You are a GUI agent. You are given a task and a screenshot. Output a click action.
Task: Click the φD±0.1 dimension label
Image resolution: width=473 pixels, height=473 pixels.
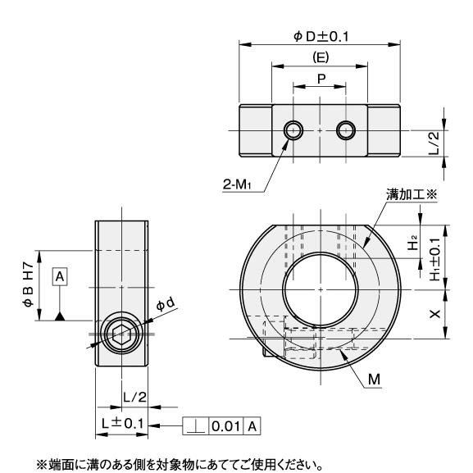pyautogui.click(x=321, y=37)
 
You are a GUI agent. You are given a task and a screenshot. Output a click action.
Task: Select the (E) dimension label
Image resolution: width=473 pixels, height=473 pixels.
pyautogui.click(x=321, y=57)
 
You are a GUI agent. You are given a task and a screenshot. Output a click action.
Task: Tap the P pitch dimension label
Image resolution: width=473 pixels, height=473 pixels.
pyautogui.click(x=321, y=79)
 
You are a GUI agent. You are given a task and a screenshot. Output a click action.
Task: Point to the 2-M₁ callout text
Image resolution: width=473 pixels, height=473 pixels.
pyautogui.click(x=237, y=184)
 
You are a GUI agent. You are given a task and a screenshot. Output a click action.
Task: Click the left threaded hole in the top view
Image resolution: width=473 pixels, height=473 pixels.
pyautogui.click(x=293, y=130)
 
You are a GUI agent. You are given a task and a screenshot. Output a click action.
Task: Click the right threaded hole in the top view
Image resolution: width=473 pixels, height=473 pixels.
pyautogui.click(x=345, y=130)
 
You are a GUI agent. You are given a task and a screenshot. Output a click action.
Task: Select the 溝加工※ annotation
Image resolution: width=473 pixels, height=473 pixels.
pyautogui.click(x=412, y=194)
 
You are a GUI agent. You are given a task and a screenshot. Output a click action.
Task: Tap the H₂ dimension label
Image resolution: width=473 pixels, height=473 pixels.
pyautogui.click(x=413, y=243)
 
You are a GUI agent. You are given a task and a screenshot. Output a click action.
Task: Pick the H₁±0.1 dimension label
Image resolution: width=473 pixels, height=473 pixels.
pyautogui.click(x=435, y=259)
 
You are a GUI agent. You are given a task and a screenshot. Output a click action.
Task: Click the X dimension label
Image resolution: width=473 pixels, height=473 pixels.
pyautogui.click(x=435, y=314)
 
